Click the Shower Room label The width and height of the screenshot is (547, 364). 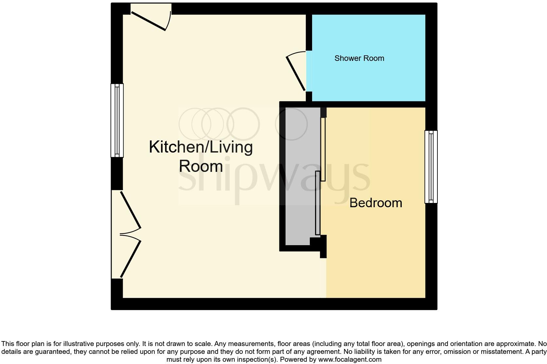tap(359, 58)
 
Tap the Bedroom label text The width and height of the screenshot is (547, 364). tap(376, 203)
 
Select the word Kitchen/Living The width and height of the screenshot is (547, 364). tap(201, 147)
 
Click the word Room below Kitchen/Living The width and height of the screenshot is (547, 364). tap(201, 166)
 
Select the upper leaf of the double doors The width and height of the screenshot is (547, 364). tap(131, 209)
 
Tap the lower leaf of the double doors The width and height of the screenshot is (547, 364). tap(131, 259)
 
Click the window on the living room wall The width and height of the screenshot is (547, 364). tap(117, 120)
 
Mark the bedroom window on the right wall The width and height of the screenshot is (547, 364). tap(431, 167)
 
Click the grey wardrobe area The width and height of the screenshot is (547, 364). tap(301, 177)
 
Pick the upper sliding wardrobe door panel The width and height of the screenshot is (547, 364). tap(323, 149)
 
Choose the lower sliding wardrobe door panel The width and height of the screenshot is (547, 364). tap(317, 203)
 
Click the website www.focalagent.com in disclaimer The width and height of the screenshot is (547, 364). tap(350, 359)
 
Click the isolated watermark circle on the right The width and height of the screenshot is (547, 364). tap(291, 124)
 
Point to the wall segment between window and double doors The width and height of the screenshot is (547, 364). tap(117, 173)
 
